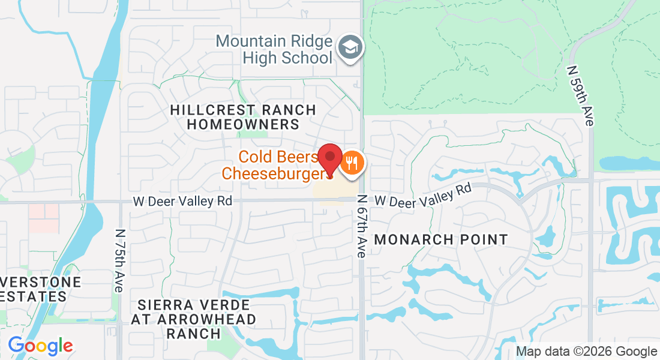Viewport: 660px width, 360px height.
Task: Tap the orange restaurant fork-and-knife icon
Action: coord(352,163)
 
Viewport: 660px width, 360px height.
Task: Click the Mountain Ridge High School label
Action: coord(274,49)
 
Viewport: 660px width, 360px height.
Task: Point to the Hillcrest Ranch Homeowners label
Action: coord(242,117)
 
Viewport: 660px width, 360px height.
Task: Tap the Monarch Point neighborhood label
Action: coord(441,239)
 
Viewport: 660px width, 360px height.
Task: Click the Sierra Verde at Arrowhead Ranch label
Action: coord(194,319)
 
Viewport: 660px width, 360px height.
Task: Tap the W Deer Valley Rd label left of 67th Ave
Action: coord(182,202)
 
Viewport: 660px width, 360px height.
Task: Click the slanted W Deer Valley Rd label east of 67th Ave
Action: coord(423,196)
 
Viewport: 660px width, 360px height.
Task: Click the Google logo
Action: coord(40,346)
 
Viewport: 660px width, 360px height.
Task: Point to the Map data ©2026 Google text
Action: coord(586,352)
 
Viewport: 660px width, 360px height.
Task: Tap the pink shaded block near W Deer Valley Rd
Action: coord(44,218)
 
